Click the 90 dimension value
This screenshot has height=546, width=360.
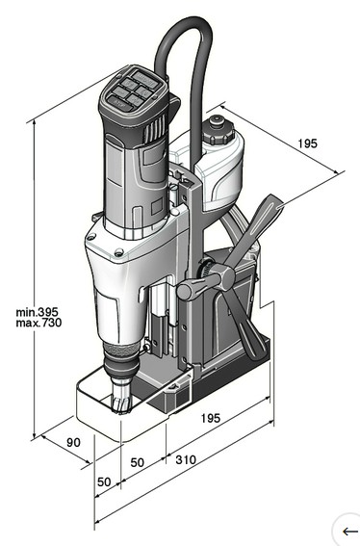click(73, 443)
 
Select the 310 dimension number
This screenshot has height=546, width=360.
click(186, 459)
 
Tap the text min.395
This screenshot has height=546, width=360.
click(37, 312)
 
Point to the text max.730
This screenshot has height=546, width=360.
click(39, 323)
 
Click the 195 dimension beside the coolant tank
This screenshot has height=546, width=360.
click(307, 143)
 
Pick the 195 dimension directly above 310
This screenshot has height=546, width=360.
click(211, 418)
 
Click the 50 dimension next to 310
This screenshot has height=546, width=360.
click(138, 462)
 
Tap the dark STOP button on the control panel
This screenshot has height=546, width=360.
click(119, 104)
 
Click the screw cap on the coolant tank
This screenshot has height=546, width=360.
click(218, 130)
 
